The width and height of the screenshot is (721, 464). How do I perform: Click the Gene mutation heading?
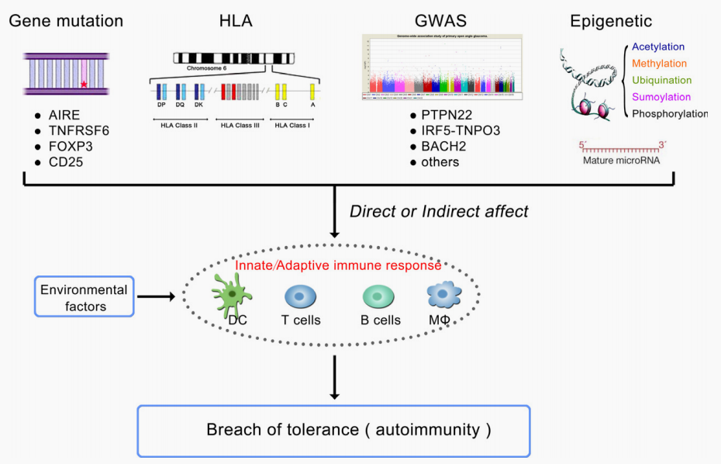coord(66,21)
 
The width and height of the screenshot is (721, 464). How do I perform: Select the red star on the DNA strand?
coord(83,83)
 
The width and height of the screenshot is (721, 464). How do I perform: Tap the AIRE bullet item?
coord(64,115)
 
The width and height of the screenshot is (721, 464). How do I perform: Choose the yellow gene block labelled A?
coord(313,91)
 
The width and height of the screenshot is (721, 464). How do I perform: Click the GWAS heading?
coord(440,21)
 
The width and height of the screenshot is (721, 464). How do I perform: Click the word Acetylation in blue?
coord(658,47)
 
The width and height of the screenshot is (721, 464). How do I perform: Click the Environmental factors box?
coord(84,297)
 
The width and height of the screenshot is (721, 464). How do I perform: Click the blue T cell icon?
coord(300,298)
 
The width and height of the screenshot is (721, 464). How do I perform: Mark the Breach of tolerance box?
coord(333,430)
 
